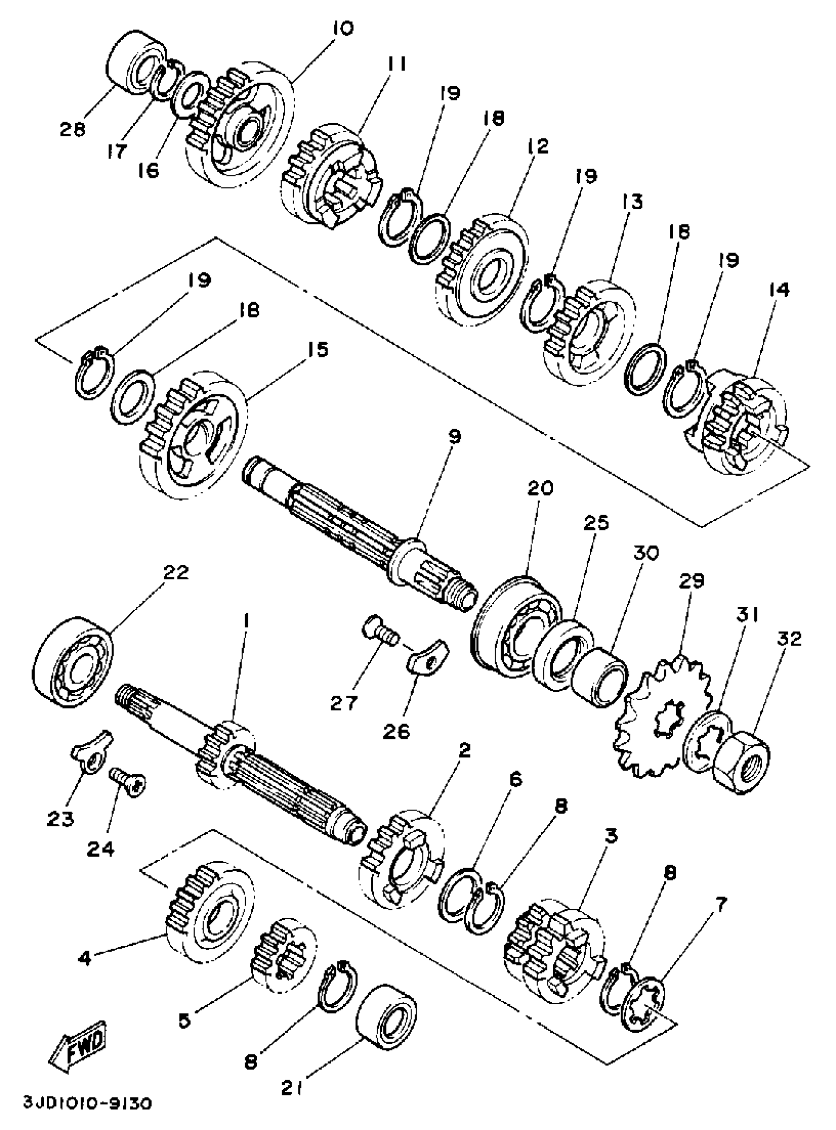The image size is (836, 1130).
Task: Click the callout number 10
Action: pyautogui.click(x=343, y=29)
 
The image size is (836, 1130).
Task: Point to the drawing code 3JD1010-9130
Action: pyautogui.click(x=87, y=1115)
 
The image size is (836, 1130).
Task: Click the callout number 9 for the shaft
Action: pyautogui.click(x=454, y=437)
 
